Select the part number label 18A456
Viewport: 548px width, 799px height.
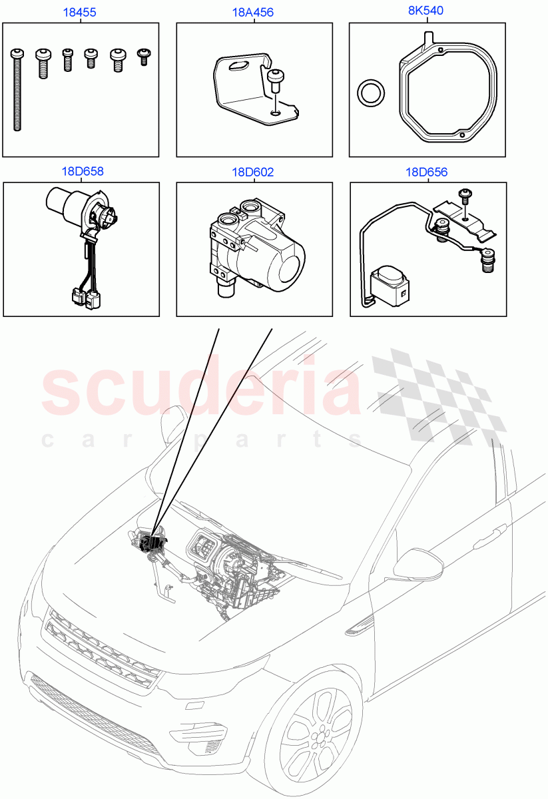[x=253, y=12]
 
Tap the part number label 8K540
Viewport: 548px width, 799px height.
[x=426, y=11]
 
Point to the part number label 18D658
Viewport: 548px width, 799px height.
[x=82, y=172]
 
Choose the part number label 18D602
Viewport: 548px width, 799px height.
[x=253, y=172]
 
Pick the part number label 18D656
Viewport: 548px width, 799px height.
[x=427, y=172]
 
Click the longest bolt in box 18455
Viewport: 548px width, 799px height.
[x=17, y=90]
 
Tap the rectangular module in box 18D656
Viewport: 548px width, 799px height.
[x=390, y=284]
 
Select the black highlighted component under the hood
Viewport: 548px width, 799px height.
[x=155, y=543]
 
